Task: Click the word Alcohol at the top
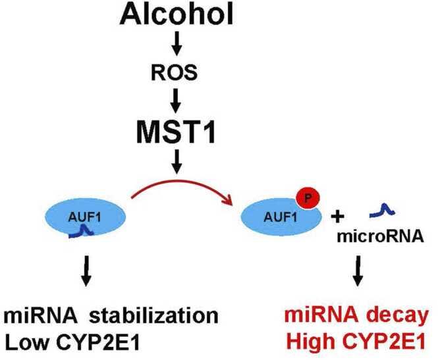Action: pos(177,15)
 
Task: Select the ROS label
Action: pos(177,74)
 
